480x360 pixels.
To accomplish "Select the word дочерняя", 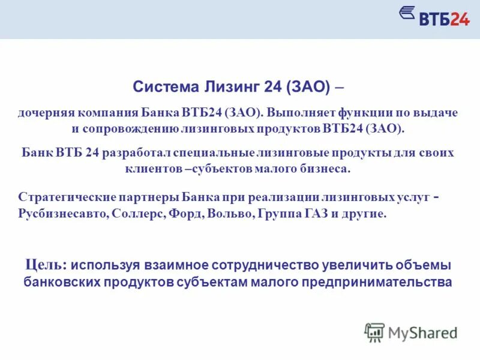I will pos(45,113).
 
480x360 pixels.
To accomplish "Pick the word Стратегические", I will pos(61,198).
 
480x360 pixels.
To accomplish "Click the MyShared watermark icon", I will pos(374,332).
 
